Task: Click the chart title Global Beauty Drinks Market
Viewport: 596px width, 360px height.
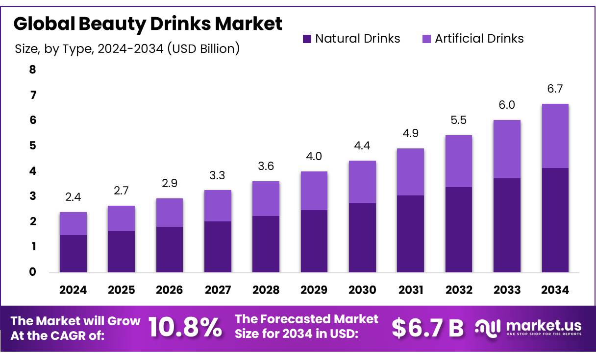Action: (148, 24)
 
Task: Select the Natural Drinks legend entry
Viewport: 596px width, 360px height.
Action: (351, 39)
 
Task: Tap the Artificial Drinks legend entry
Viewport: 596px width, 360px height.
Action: (472, 39)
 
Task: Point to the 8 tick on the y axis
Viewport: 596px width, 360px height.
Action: (33, 70)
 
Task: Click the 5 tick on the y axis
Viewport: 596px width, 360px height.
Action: (33, 145)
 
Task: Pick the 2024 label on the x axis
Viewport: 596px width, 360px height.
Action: (73, 290)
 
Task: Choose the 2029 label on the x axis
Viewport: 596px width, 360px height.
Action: (314, 290)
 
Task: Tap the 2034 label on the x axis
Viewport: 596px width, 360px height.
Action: (555, 290)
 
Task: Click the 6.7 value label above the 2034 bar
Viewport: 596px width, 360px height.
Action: (555, 89)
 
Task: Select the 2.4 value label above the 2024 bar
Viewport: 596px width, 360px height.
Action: (73, 197)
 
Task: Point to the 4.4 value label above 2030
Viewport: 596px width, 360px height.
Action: (362, 146)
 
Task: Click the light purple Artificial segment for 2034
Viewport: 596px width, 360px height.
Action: (555, 136)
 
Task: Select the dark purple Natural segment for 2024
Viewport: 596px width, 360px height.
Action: (73, 254)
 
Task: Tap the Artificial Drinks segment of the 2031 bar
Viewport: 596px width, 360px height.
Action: (410, 172)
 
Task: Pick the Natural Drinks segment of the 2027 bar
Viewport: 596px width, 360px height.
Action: (218, 247)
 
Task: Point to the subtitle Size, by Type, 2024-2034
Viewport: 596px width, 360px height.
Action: (127, 49)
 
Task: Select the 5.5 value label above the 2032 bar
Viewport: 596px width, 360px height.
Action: (459, 120)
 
